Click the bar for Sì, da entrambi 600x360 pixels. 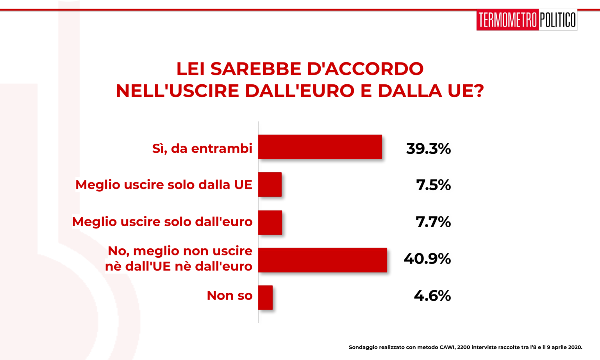click(x=320, y=147)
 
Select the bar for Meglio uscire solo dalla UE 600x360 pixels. click(x=270, y=184)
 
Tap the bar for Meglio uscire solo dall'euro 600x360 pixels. click(x=270, y=223)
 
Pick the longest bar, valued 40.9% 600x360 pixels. click(x=323, y=260)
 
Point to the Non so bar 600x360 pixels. click(x=266, y=298)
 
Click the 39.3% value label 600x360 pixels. click(x=428, y=148)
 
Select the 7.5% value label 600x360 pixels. click(x=433, y=185)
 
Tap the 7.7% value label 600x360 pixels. click(x=433, y=222)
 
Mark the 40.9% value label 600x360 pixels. click(x=427, y=259)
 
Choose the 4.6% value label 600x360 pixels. click(x=432, y=296)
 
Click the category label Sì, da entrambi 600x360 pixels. click(x=202, y=148)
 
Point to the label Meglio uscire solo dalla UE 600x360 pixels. click(x=164, y=185)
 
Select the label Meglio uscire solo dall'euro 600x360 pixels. click(x=162, y=222)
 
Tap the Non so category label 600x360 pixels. click(x=230, y=296)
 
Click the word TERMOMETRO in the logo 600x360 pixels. click(x=507, y=20)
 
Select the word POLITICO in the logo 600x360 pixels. click(x=558, y=20)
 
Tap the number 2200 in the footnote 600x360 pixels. click(x=464, y=347)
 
